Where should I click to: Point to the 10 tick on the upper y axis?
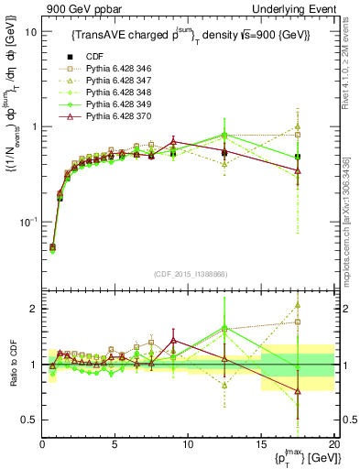pos(29,31)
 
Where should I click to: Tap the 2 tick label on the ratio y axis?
pos(32,309)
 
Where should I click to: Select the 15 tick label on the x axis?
pos(261,444)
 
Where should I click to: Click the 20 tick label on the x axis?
pos(333,444)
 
